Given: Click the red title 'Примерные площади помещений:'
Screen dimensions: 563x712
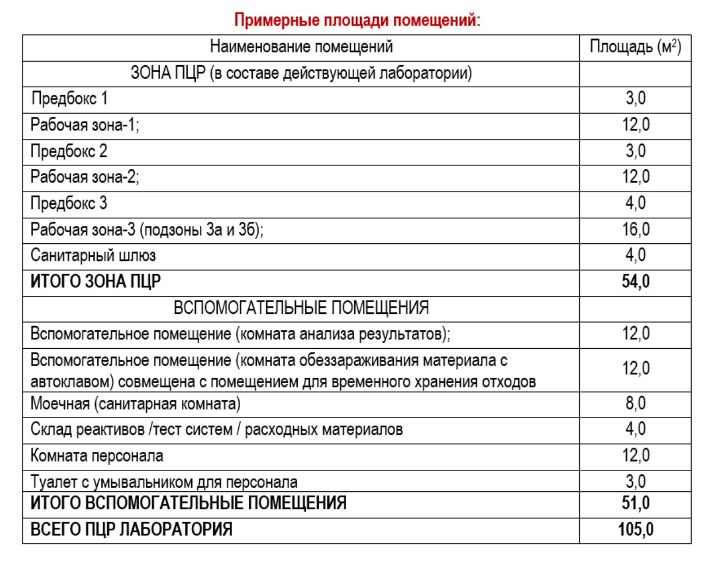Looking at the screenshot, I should [357, 20].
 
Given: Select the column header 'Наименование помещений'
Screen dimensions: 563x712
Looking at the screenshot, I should [301, 47].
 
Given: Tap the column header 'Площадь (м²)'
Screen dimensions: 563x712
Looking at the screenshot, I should [635, 47].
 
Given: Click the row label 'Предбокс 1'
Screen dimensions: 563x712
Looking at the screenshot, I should [69, 98].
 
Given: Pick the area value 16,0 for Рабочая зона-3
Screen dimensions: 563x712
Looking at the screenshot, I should [635, 229].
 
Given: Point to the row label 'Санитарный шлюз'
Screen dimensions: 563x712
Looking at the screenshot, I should [93, 255].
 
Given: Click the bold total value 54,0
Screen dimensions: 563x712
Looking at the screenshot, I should [635, 282].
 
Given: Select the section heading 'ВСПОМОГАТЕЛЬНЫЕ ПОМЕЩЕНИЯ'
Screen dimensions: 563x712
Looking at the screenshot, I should [301, 308].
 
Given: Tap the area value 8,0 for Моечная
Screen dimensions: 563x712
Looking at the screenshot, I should [635, 403].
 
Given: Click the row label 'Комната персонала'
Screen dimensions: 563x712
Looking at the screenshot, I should [97, 455].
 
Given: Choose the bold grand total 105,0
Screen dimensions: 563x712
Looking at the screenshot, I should [635, 529].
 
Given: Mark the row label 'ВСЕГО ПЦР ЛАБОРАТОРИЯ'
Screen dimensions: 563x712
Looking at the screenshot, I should [131, 529].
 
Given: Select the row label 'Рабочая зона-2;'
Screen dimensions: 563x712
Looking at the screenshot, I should [84, 177].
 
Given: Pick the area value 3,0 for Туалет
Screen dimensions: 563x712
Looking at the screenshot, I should [635, 481].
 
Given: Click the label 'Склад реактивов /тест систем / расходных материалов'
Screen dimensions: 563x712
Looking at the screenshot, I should [216, 430].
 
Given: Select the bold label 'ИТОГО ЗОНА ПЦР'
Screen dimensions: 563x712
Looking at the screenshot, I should [96, 282].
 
